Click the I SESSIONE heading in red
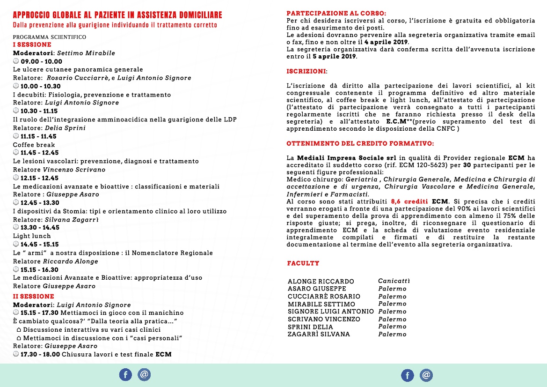pos(32,45)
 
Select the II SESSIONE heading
pos(33,297)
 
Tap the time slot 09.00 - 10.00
pos(41,61)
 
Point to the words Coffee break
pos(34,145)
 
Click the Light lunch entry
pos(32,236)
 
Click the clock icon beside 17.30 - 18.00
pos(16,355)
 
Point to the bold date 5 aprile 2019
pos(334,57)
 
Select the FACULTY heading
pos(303,264)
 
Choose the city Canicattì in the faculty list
pos(394,281)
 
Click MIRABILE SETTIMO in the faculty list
pos(321,304)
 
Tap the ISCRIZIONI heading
pos(306,71)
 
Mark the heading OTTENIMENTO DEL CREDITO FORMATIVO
pos(360,143)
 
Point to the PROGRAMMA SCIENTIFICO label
pos(49,37)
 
